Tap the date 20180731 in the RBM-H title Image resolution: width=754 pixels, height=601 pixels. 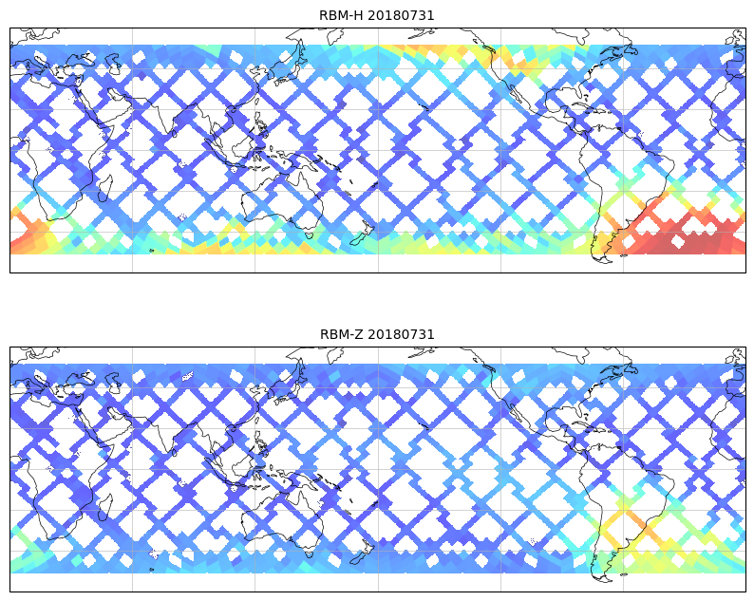point(401,15)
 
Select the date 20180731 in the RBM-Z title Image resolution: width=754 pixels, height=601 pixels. point(401,334)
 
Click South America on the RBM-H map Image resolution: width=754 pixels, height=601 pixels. point(622,180)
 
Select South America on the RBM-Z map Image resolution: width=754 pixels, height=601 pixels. point(622,499)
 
